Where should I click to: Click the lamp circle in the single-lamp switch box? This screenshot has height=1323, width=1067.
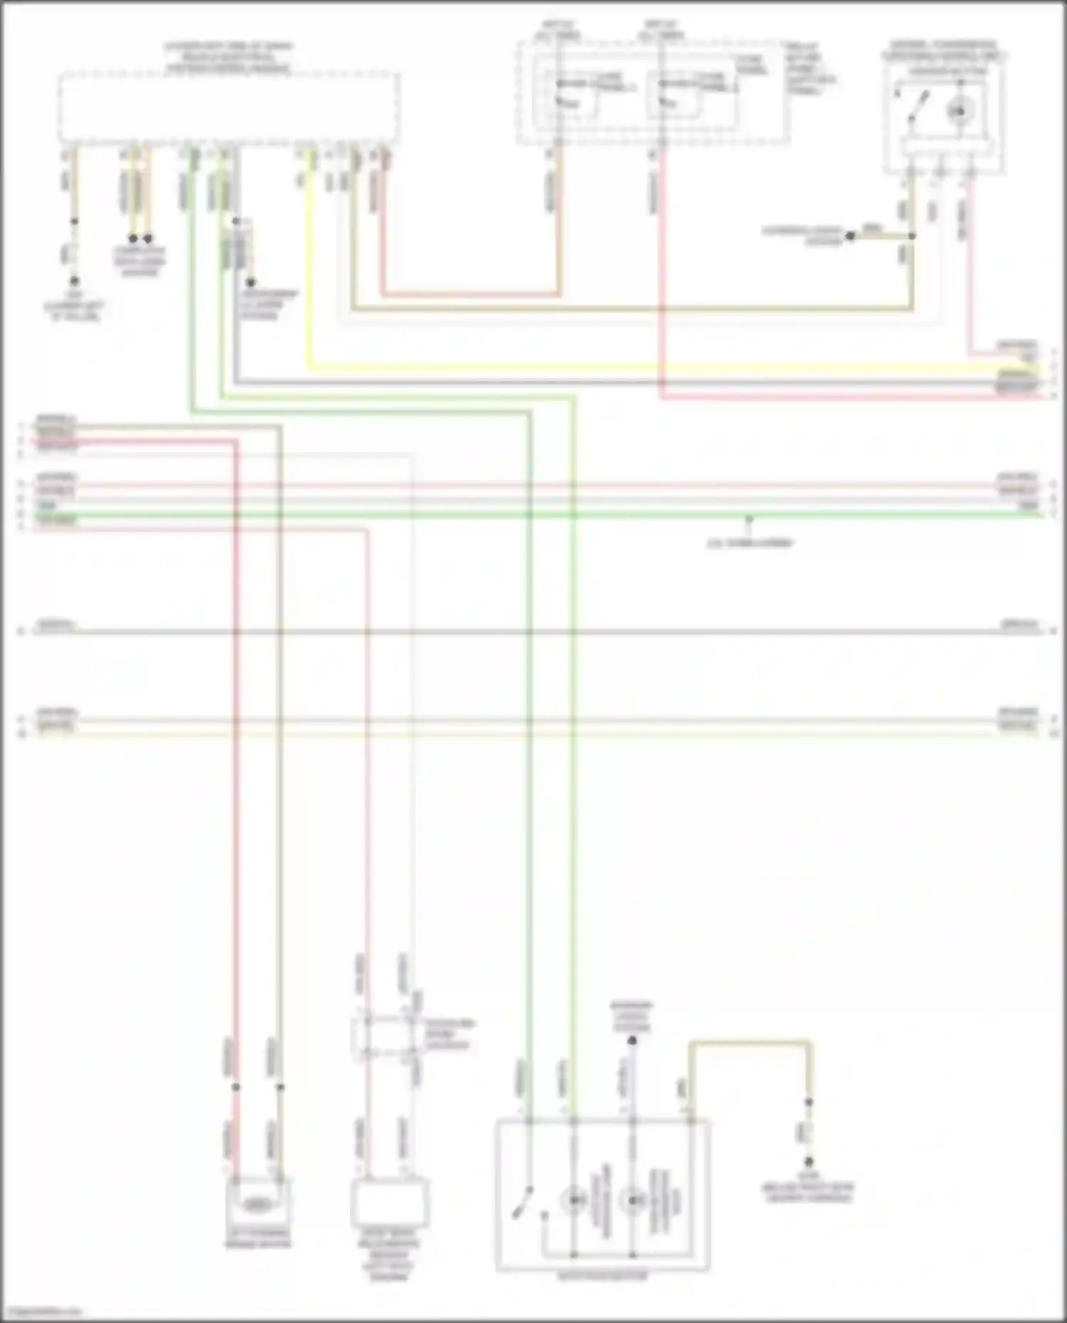pyautogui.click(x=959, y=109)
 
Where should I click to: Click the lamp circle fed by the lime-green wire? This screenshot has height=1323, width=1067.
pyautogui.click(x=573, y=1201)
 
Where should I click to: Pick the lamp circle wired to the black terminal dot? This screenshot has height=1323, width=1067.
pyautogui.click(x=632, y=1201)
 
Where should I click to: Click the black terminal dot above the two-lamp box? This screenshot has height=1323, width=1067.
pyautogui.click(x=632, y=1041)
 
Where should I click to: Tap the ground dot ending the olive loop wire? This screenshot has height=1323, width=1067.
pyautogui.click(x=809, y=1162)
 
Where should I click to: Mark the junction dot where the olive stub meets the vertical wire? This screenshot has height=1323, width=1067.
pyautogui.click(x=913, y=236)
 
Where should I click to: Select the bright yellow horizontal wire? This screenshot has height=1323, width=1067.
pyautogui.click(x=640, y=368)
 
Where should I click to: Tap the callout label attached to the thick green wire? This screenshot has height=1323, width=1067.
pyautogui.click(x=749, y=543)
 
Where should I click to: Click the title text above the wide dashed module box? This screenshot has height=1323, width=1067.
pyautogui.click(x=228, y=58)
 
